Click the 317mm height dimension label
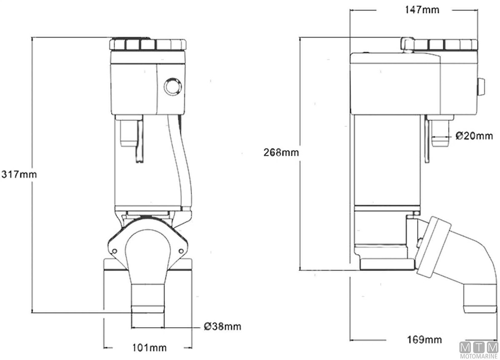pos(19,174)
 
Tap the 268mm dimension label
pos(281,152)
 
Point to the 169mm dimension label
pos(425,339)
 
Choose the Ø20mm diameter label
pos(474,136)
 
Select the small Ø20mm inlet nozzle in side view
pos(440,133)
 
